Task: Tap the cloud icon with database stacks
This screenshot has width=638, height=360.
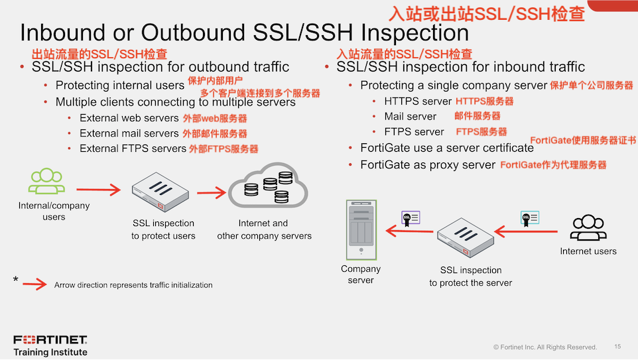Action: click(x=268, y=188)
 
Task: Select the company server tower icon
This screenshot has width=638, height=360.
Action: click(x=361, y=229)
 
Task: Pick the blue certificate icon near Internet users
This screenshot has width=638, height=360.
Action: click(x=529, y=217)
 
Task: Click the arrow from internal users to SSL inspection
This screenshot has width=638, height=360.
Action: click(x=102, y=190)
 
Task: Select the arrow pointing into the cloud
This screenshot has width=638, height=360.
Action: click(x=212, y=194)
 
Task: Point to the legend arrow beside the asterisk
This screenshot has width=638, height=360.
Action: click(x=34, y=284)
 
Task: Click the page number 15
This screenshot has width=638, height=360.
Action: click(x=617, y=347)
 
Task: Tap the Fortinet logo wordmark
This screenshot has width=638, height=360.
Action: click(x=50, y=339)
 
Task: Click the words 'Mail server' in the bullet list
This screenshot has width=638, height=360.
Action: click(x=411, y=117)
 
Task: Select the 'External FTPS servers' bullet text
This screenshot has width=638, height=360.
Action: click(x=133, y=149)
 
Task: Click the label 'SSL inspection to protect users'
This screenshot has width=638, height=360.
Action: click(x=163, y=229)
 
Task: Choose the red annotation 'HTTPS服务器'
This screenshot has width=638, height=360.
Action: click(x=484, y=101)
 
